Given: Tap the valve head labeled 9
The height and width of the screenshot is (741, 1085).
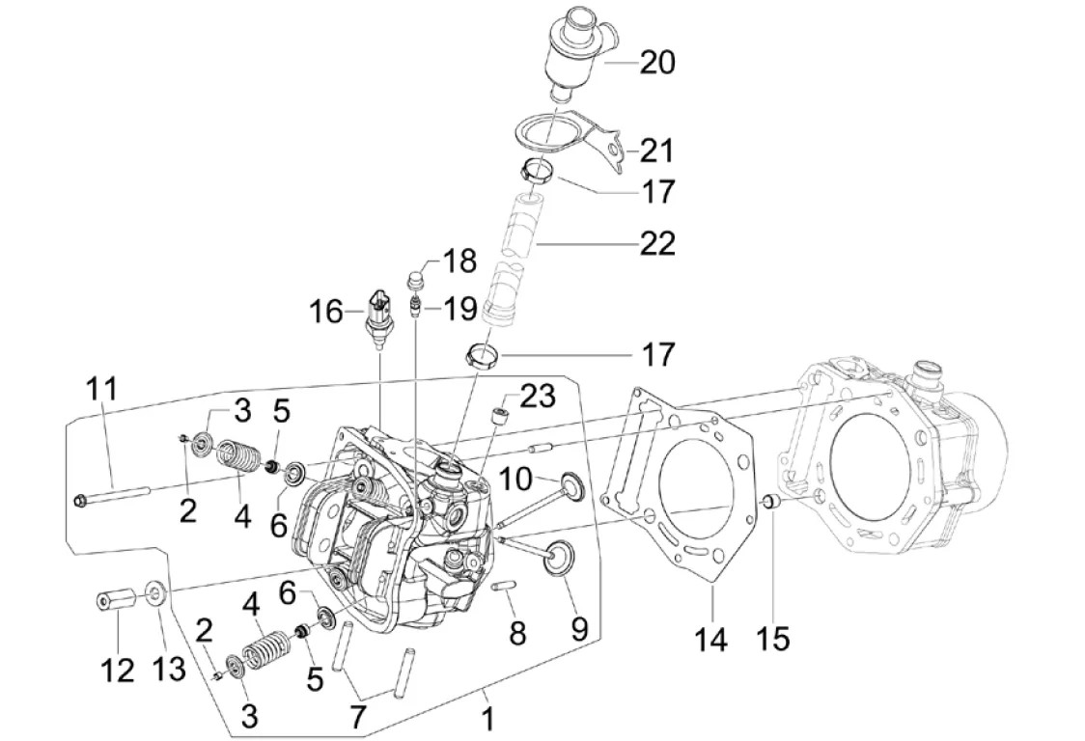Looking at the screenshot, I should pos(559,559).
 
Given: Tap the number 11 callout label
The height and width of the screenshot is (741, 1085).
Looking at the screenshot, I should pos(102,391).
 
